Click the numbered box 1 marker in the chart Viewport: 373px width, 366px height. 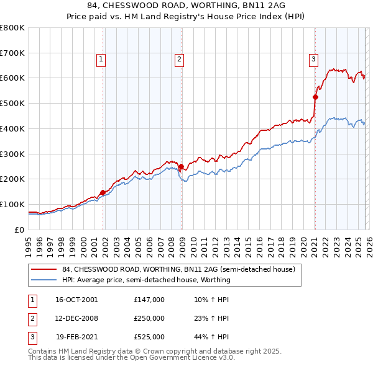[101, 60]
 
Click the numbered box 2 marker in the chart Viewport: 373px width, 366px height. [179, 60]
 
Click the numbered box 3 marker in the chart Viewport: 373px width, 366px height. [313, 60]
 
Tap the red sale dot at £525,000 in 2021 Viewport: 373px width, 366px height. [315, 97]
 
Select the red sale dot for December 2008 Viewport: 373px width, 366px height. [181, 166]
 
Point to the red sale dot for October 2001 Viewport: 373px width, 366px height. [103, 192]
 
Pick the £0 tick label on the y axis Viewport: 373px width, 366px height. [19, 230]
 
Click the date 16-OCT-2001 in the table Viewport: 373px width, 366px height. [76, 300]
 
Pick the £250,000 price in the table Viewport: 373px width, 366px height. [149, 318]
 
